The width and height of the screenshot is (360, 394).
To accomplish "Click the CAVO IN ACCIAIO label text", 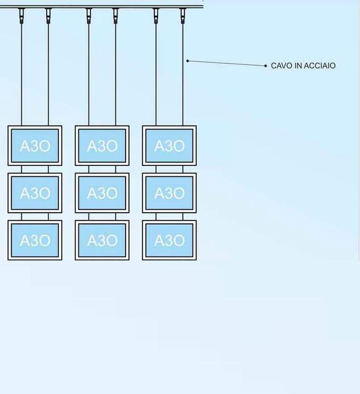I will coord(303,66).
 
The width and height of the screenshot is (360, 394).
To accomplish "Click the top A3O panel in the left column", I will coord(35,146).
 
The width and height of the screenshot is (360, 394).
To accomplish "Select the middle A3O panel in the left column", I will coord(35,193).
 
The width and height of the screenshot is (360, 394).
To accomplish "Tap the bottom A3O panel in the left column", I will coord(35,240).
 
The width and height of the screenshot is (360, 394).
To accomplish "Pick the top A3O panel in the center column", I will coord(102,146).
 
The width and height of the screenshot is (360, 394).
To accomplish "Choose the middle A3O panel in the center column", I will coord(102,193).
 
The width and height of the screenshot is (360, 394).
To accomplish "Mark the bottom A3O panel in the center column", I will coord(102,240).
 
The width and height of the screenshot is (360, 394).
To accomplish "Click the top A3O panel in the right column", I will coord(169,146).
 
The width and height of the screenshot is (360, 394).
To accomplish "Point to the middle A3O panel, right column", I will coord(169,193).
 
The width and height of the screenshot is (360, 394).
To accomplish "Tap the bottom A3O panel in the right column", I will coord(169,240).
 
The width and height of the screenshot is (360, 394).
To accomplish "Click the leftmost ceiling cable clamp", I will coord(22,15).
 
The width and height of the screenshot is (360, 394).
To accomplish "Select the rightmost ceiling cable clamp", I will coord(183,15).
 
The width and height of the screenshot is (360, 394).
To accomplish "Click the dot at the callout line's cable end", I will coord(187,61).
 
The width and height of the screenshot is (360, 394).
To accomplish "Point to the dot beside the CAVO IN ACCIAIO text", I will coord(265,66).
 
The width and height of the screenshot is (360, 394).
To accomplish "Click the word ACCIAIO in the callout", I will coord(320,66).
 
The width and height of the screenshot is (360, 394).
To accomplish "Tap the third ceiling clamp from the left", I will coord(89,15).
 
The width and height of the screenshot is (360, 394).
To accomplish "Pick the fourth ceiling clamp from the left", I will coord(116,15).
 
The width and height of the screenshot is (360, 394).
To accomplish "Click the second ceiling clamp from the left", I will coord(48,15).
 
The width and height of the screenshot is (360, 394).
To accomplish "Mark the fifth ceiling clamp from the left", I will coord(156,15).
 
